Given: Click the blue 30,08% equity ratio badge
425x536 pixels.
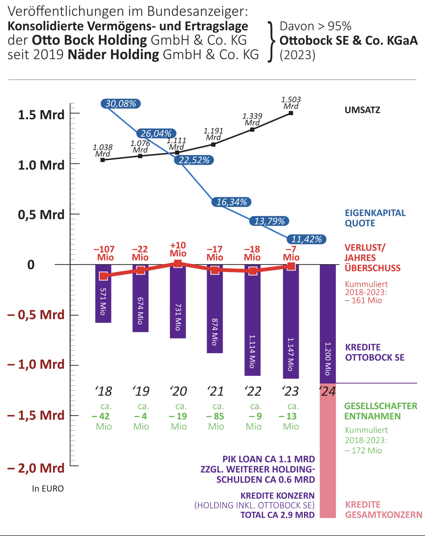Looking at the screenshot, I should pos(121,104).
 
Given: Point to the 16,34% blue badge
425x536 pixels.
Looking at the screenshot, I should pos(232,202).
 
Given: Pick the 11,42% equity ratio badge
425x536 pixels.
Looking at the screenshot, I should pos(307,239).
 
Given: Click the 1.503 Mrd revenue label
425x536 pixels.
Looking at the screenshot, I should pos(291,103).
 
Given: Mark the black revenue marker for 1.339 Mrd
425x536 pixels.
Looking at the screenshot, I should pos(252,130).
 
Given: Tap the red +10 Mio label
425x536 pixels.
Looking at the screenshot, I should pos(178,249).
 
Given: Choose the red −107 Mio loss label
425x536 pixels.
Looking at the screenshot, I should pos(104,253).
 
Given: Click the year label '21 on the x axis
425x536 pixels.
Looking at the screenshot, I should pos(215,391).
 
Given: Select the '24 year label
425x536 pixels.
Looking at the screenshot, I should pos(327,391).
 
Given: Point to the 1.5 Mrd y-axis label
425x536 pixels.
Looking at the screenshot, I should pos(41,115).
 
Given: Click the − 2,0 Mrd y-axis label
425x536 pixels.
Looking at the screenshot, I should pos(36,468).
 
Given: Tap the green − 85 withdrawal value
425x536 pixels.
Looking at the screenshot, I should pos(215,416).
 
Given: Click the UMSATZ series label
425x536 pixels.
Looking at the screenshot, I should pos(362,110).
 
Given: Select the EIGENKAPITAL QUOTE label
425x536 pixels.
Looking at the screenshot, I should pos(375,218).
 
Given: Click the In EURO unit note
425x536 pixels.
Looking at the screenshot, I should pos(48,489).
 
